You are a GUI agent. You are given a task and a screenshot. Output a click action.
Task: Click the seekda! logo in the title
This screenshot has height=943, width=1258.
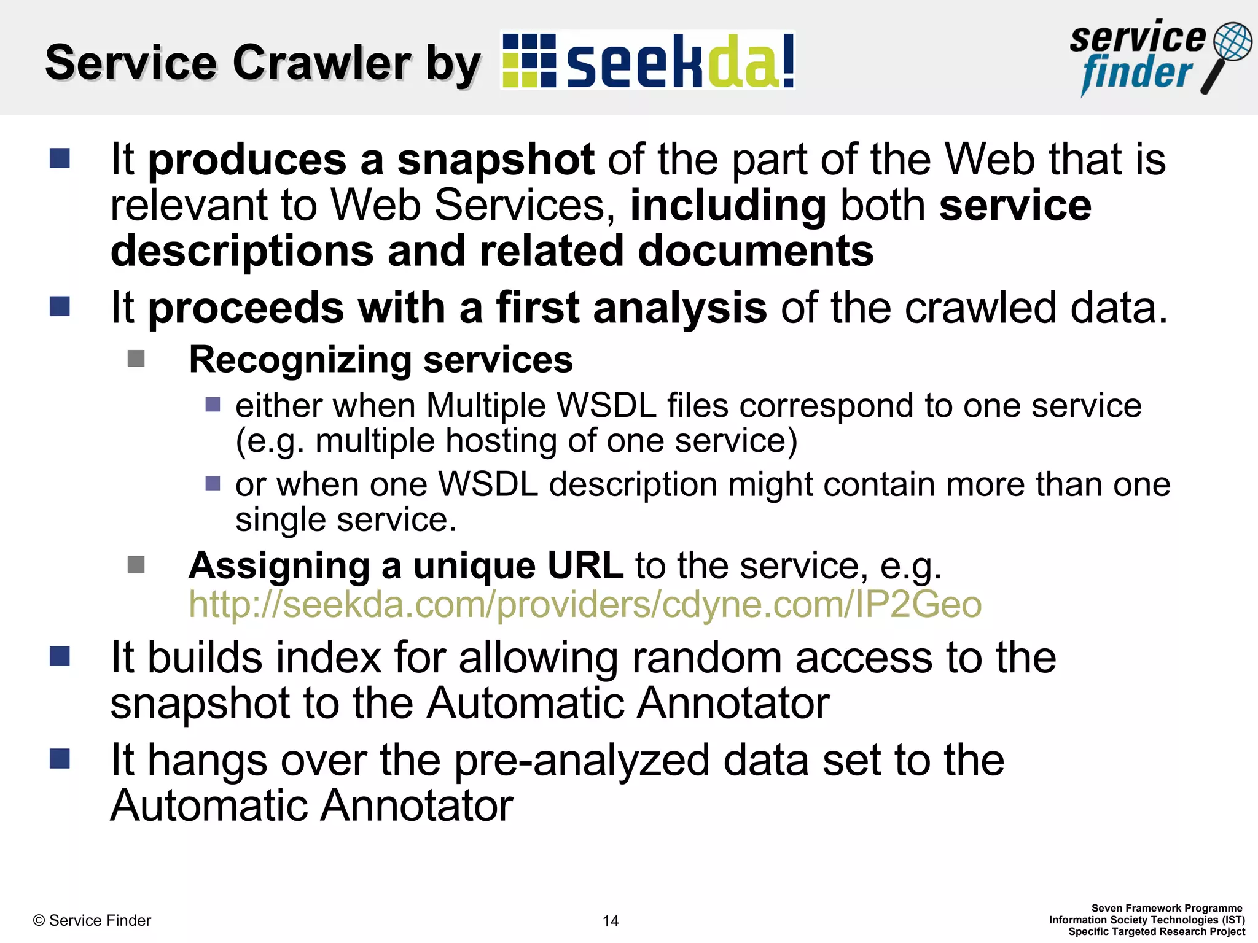point(648,61)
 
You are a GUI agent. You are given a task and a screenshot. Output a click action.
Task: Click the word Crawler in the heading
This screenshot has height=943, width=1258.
point(322,63)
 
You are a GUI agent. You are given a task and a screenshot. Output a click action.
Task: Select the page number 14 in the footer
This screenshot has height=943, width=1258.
point(611,921)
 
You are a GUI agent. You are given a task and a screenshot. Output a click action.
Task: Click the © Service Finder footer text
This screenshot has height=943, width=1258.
point(92,920)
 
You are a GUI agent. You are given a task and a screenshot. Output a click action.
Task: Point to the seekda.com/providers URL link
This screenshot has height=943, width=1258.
point(585,605)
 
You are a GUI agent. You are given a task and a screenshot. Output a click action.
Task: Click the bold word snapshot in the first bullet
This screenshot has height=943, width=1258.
point(495,160)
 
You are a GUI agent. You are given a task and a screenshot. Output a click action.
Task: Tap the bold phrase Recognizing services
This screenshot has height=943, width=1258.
point(381,360)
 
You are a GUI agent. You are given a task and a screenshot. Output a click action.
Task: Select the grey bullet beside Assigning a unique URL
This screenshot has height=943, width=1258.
point(136,564)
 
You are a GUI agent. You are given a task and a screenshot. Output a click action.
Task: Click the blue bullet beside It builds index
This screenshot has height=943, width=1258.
point(60,656)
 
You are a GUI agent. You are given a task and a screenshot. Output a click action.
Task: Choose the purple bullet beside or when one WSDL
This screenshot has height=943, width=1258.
point(213,483)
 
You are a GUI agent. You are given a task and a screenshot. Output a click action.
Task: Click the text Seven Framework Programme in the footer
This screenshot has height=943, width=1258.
point(1166,908)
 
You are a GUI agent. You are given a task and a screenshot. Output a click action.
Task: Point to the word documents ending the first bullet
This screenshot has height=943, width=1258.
point(756,251)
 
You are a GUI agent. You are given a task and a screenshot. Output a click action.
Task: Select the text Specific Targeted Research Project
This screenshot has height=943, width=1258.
point(1157,931)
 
